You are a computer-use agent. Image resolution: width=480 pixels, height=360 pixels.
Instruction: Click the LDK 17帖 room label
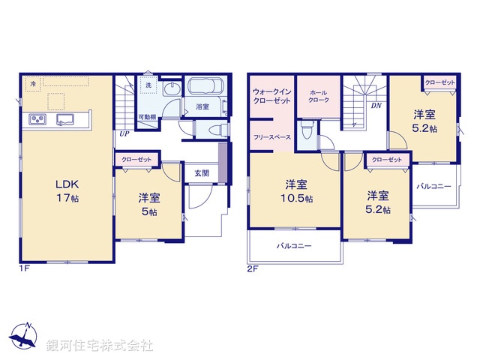coord(66,190)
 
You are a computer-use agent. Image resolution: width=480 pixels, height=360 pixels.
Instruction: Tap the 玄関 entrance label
coord(201,172)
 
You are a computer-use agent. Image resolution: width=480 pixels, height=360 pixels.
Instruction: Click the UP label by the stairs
coord(121,134)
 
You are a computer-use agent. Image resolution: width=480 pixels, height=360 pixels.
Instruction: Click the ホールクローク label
coord(319,95)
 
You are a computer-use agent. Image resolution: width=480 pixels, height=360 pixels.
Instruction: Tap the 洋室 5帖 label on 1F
coord(148,205)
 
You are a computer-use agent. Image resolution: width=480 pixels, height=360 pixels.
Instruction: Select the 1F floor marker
coord(23,268)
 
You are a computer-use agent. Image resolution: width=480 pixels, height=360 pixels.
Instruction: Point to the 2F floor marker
coord(253,268)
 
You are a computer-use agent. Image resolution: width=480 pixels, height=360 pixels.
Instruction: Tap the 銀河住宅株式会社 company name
coord(99,346)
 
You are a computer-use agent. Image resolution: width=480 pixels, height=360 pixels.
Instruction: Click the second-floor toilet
coord(307,136)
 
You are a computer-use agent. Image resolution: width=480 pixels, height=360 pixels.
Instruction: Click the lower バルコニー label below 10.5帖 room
coord(293,246)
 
